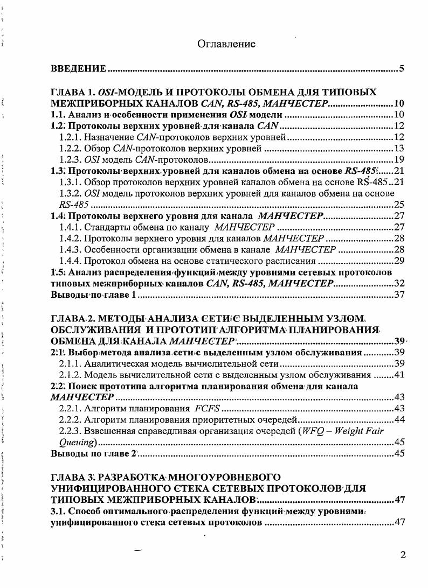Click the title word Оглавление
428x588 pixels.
click(x=226, y=44)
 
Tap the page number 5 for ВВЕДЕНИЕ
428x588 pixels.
click(x=402, y=68)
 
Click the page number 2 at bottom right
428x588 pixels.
click(x=403, y=555)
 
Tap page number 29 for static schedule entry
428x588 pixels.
click(x=399, y=261)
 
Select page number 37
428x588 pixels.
click(x=399, y=295)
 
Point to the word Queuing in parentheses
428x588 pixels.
click(x=77, y=442)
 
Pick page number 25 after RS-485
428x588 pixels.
click(x=399, y=205)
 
